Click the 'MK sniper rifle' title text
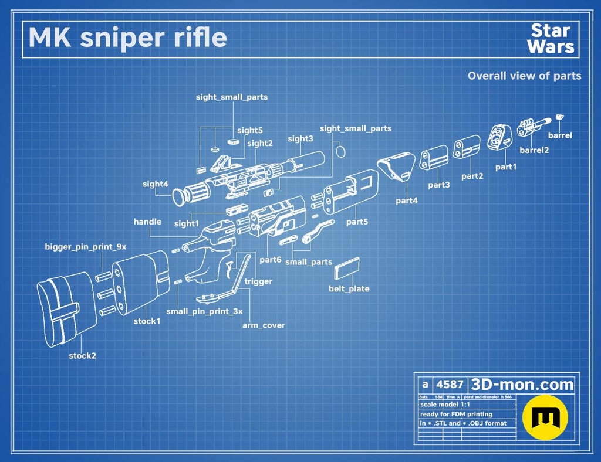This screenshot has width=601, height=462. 127,38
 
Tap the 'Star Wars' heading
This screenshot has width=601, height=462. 550,39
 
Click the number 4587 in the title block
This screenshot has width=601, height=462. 450,385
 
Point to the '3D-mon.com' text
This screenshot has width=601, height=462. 522,385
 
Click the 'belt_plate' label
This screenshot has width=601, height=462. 349,288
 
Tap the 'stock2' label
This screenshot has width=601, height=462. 82,355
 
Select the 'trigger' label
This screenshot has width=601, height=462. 258,281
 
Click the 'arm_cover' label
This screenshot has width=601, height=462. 264,325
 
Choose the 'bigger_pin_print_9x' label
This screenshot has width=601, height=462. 86,246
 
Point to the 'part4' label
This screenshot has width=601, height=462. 407,201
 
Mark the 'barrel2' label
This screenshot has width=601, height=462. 534,150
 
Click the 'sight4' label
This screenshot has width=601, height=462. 156,184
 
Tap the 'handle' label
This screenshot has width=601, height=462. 147,222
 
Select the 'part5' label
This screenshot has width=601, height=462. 357,222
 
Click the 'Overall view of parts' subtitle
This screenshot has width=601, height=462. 524,76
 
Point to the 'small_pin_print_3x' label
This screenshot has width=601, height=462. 204,312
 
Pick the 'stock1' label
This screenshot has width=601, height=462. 147,321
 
